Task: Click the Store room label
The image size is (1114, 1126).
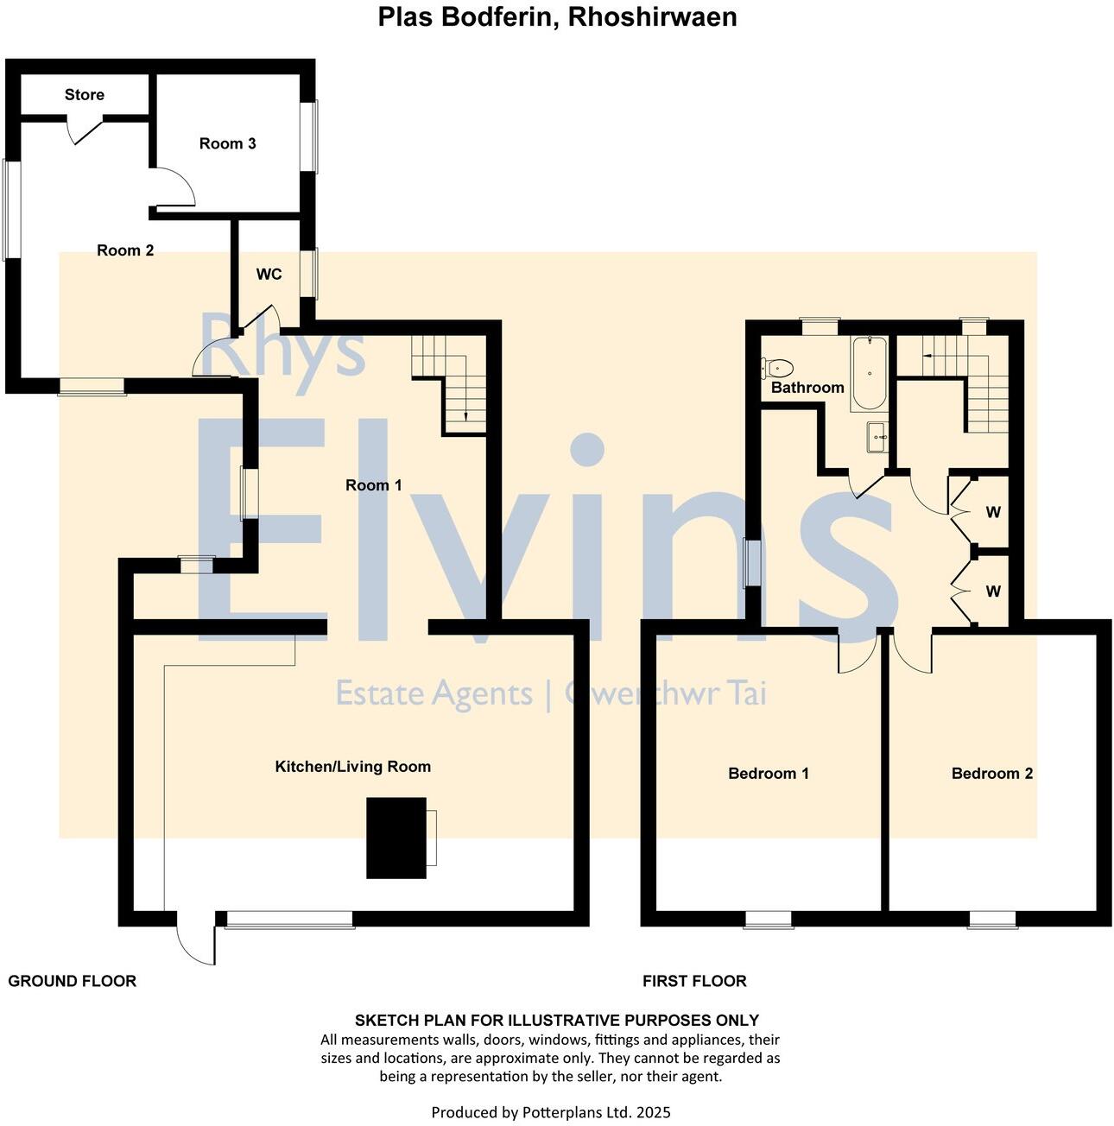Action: coord(84,95)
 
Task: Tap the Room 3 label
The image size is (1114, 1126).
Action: coord(227,143)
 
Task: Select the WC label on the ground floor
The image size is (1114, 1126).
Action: coord(269,275)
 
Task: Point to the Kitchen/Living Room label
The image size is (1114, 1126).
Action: coord(352,767)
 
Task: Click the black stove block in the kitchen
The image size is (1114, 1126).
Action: coord(396,838)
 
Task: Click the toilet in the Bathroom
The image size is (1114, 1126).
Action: coord(776,368)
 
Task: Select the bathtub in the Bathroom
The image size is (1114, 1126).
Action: coord(869,373)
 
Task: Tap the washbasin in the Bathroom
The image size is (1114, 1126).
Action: coord(877,437)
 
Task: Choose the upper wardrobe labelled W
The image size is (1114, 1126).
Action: coord(992,512)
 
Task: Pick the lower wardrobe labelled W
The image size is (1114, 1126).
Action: coord(992,591)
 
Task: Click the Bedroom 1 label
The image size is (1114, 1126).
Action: coord(768,774)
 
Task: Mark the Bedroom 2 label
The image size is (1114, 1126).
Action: coord(991,774)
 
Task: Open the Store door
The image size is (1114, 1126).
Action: coord(86,130)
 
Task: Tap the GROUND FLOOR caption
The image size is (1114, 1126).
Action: coord(72,981)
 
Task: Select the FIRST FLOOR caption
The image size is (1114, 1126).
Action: coord(693,981)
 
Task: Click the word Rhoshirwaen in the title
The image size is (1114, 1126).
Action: coord(652,17)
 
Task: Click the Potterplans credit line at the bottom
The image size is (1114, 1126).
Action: coord(550,1112)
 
